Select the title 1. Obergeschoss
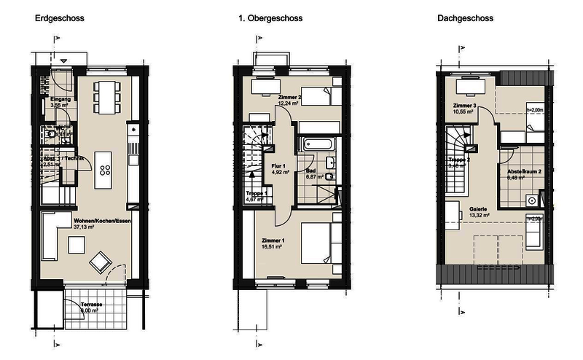(269, 18)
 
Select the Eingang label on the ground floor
(59, 98)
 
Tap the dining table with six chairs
(106, 96)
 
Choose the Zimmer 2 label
(290, 97)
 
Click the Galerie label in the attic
(478, 207)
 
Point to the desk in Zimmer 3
(466, 88)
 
